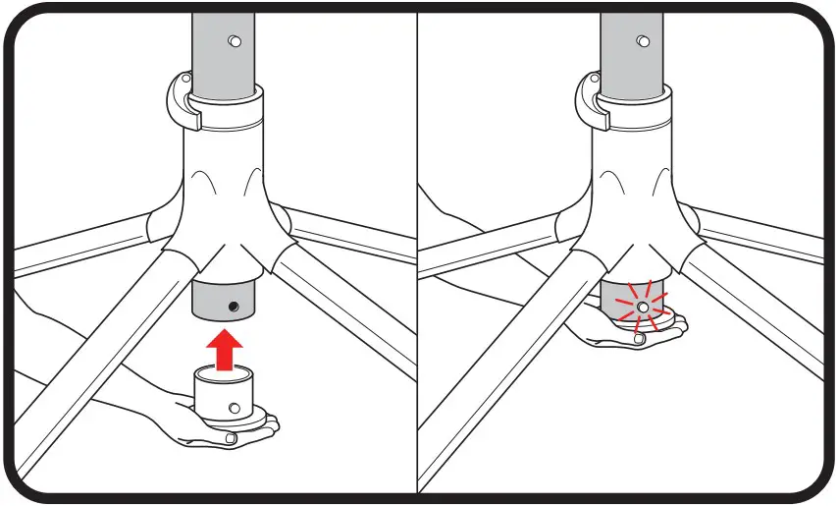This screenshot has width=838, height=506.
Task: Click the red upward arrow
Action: pos(227,349)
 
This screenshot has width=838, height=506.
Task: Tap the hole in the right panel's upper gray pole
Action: pos(642,41)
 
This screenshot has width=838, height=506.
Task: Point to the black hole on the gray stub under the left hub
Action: pos(233,308)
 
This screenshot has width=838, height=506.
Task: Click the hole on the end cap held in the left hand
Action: pos(234,407)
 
